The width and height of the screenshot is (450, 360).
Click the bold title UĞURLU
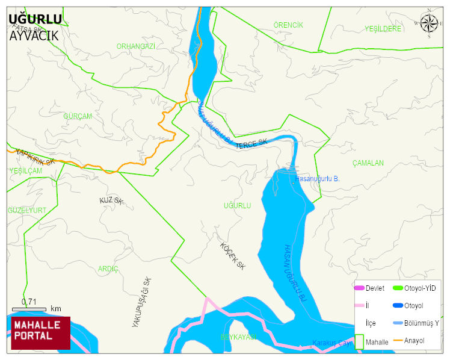35,19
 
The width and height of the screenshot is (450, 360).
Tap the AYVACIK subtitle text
34,35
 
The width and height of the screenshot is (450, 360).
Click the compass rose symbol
429,23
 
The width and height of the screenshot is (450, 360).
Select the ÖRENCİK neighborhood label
288,25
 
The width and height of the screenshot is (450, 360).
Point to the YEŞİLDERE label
383,28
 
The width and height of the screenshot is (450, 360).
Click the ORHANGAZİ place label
136,46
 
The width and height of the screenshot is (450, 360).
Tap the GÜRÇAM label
78,116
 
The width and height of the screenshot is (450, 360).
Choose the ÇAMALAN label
368,163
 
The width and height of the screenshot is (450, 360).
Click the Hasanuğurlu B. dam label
319,179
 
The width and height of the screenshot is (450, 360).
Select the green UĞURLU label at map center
237,206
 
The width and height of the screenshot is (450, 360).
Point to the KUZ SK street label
111,200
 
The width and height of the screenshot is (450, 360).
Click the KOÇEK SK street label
233,256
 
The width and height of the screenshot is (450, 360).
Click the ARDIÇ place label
108,268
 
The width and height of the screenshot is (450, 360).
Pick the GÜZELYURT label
27,210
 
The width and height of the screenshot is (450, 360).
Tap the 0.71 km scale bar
29,308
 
